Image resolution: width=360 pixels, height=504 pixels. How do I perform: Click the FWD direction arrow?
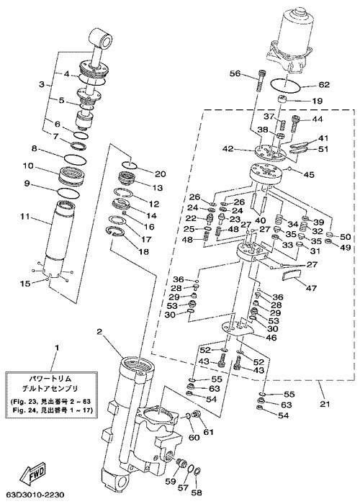33,471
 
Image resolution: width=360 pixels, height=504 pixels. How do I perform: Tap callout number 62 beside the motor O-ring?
324,84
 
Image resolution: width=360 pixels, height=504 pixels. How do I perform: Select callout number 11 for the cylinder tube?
24,217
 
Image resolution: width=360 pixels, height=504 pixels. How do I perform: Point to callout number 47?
311,288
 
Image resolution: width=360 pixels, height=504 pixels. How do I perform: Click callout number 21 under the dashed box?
325,403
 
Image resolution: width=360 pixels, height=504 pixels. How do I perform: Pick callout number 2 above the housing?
99,331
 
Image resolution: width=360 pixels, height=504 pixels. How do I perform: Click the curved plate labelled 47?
292,276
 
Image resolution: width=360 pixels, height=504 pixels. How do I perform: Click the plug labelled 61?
196,415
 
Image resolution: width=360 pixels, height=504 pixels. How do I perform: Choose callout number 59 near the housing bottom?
171,481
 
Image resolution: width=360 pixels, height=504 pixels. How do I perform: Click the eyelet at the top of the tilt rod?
102,37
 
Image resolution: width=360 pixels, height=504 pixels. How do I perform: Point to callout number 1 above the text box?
57,348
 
